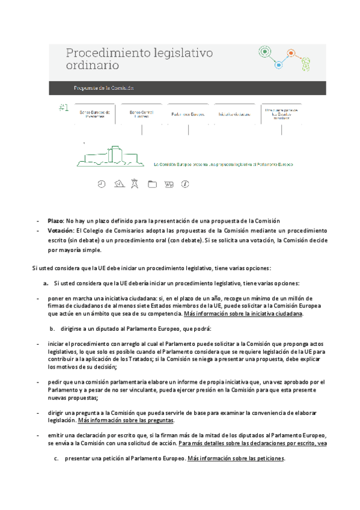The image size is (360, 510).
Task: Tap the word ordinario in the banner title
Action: pos(92,65)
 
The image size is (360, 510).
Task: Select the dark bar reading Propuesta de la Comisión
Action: pos(103,88)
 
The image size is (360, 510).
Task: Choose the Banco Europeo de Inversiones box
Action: pos(95,114)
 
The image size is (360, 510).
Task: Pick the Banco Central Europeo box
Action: pos(142,114)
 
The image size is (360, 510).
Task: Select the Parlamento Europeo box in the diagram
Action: pos(188,114)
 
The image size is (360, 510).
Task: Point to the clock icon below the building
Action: pos(102,184)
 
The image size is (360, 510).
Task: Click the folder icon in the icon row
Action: pos(152,184)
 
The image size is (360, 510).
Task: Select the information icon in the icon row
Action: pos(185,184)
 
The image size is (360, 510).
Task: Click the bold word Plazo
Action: pos(55,221)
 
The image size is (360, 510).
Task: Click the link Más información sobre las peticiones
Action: pos(236,458)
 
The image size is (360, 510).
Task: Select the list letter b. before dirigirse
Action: pos(53,328)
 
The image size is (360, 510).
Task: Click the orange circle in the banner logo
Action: pos(291,53)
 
